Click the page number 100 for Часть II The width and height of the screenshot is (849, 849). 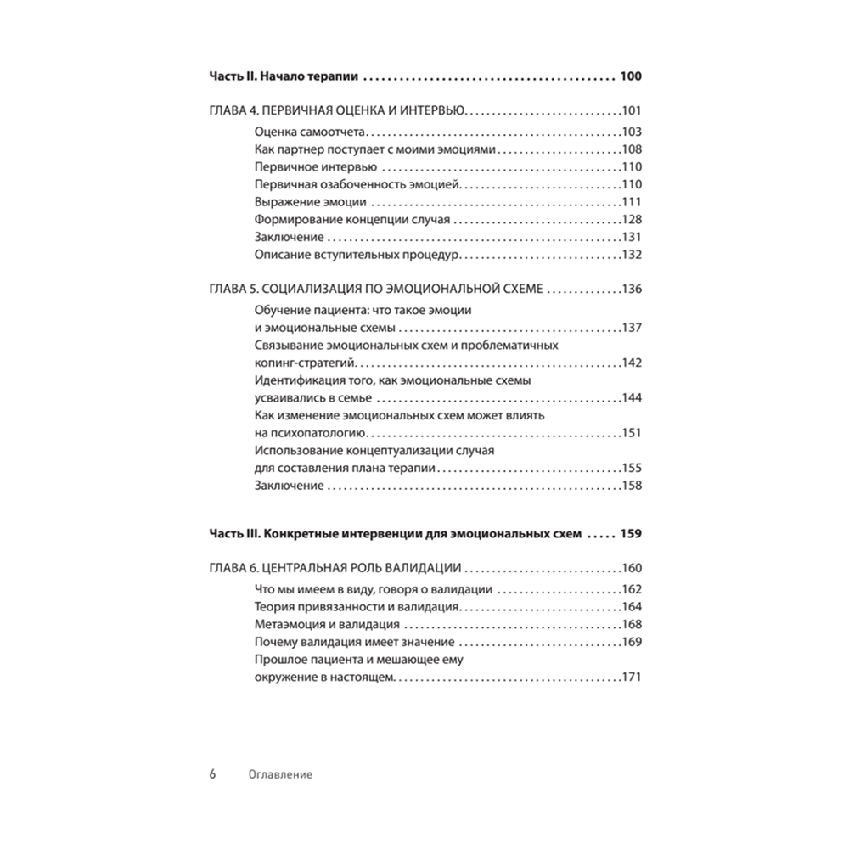coord(631,77)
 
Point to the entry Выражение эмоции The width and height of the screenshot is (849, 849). coord(310,202)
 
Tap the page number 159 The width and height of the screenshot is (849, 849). coord(631,535)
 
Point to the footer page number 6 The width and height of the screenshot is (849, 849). coord(213,774)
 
